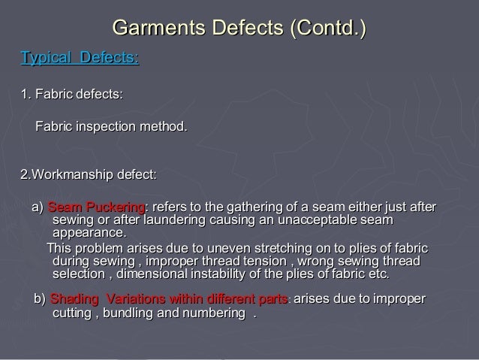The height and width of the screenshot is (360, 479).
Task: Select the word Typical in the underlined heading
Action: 45,58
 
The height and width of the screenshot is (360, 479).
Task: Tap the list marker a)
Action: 37,207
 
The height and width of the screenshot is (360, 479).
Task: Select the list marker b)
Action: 37,300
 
